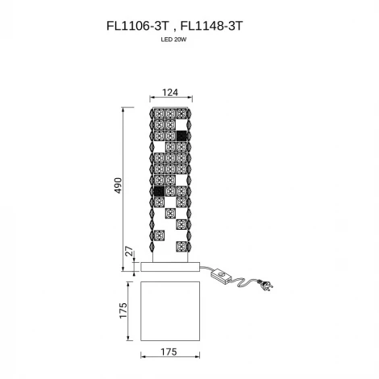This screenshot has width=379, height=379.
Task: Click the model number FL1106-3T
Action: coord(136,26)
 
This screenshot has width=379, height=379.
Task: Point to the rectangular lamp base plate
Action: coord(170,266)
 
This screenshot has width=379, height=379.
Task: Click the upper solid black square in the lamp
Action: coord(181,135)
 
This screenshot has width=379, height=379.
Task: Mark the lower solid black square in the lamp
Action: coord(159,192)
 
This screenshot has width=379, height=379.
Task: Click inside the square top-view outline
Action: coord(169,310)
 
